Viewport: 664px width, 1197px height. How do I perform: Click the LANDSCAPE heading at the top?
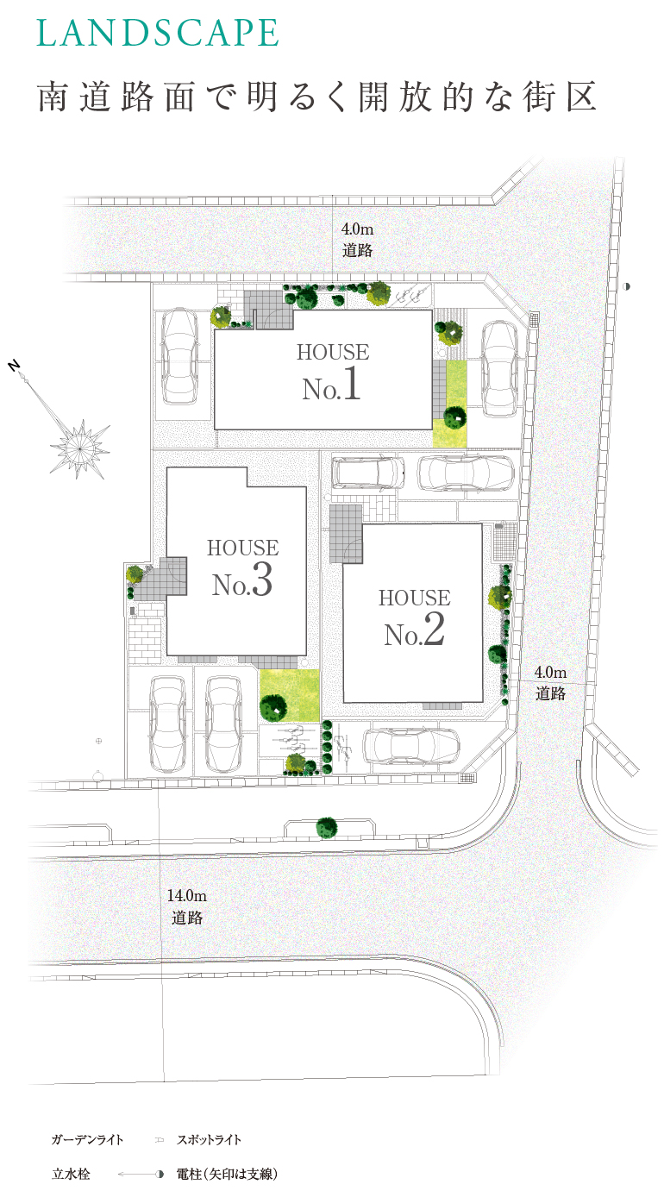[x=158, y=33]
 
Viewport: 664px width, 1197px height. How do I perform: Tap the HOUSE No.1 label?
[x=333, y=373]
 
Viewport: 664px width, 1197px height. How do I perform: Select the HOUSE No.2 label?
[x=415, y=617]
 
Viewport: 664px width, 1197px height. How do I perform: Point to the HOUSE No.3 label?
[x=242, y=568]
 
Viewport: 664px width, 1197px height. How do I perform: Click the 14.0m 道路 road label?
[x=187, y=906]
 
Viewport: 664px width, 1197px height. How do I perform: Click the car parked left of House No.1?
[x=180, y=355]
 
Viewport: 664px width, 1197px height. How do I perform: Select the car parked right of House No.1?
[x=499, y=369]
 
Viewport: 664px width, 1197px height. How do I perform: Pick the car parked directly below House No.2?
[x=410, y=746]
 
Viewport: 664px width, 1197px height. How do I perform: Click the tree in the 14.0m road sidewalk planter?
[x=326, y=828]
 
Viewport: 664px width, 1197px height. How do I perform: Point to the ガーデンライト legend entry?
[x=87, y=1140]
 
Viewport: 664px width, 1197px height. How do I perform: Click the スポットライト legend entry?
[x=209, y=1140]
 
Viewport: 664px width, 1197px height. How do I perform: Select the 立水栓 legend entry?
[x=71, y=1174]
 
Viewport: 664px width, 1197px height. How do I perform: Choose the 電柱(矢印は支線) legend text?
[x=227, y=1174]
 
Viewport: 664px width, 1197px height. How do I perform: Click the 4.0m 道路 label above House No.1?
[x=357, y=240]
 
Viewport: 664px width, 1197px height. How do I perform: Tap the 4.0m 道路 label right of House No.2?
[x=551, y=683]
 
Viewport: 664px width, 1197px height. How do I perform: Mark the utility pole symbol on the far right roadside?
[x=626, y=286]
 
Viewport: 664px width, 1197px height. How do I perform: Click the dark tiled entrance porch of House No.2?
[x=346, y=534]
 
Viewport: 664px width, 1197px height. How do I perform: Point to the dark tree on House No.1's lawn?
[x=454, y=417]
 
